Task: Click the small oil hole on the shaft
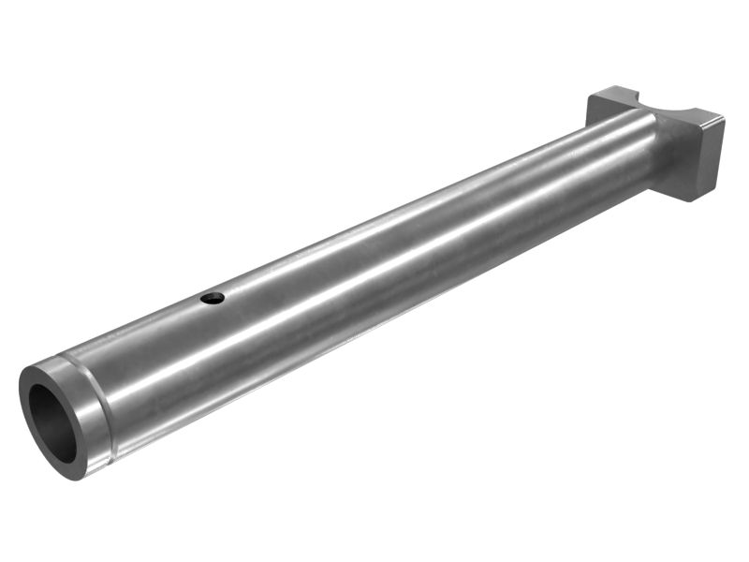coord(213,299)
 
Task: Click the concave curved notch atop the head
coord(655,104)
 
